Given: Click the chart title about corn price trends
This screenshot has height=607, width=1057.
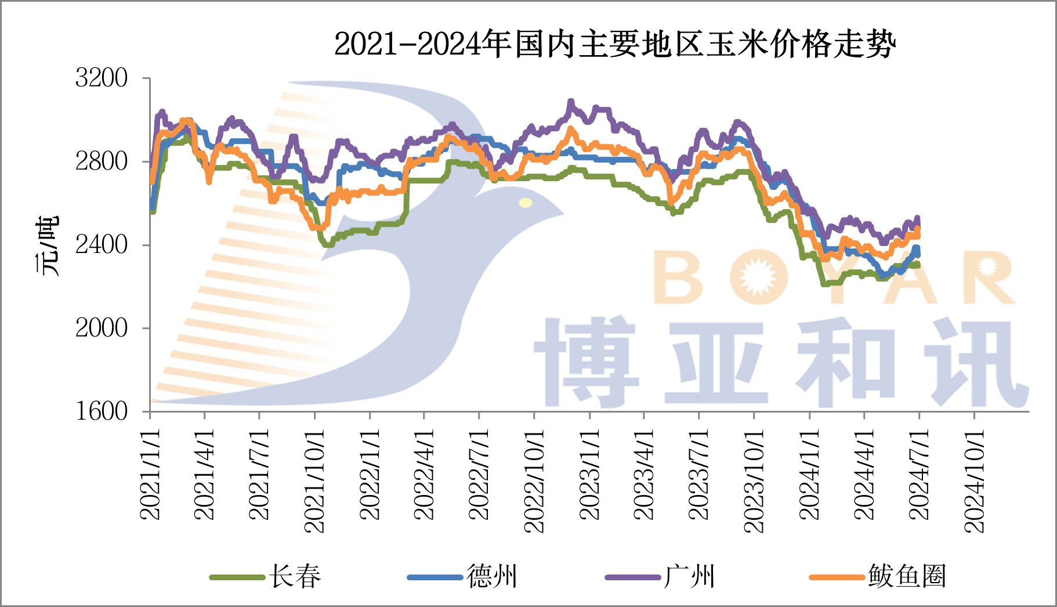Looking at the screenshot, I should click(x=615, y=44).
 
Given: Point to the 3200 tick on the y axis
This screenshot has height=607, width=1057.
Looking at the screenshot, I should click(x=102, y=78).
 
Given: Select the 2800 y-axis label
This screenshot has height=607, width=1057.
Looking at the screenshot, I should click(x=102, y=161).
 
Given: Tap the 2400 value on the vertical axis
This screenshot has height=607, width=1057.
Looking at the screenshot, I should click(x=102, y=245).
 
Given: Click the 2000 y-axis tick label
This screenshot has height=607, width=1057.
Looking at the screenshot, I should click(x=102, y=328).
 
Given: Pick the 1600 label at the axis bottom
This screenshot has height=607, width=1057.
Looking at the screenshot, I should click(x=102, y=411).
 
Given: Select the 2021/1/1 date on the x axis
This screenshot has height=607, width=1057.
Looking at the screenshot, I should click(x=150, y=475).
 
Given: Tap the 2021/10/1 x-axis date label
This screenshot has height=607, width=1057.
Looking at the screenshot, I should click(x=314, y=481).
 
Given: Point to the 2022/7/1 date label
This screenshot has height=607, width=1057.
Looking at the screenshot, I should click(x=479, y=475).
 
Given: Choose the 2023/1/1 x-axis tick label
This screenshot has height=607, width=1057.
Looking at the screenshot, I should click(x=589, y=475).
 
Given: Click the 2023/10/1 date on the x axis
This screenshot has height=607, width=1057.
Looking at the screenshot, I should click(x=754, y=481).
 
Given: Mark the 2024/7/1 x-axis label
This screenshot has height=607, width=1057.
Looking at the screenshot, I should click(x=919, y=475).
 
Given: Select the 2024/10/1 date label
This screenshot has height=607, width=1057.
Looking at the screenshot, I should click(x=974, y=481).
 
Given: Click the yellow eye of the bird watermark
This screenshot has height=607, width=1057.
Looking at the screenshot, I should click(x=526, y=203).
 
